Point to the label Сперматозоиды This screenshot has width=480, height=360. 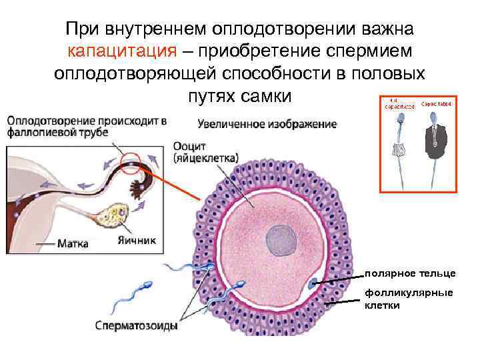tap(135, 327)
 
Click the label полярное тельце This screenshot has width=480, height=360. tap(410, 273)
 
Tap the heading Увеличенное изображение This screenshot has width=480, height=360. tap(267, 124)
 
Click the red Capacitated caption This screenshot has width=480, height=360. tap(437, 104)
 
